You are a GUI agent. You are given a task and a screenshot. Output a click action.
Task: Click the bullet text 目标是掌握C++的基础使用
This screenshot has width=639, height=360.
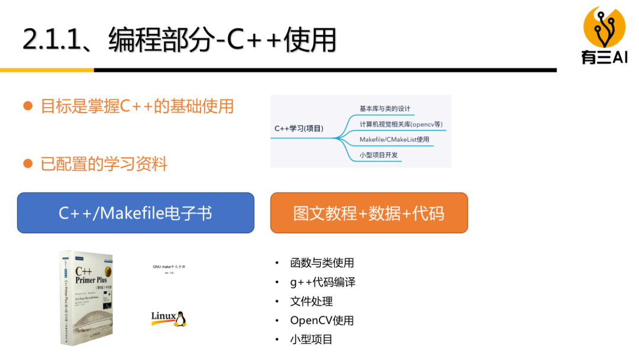(x=137, y=107)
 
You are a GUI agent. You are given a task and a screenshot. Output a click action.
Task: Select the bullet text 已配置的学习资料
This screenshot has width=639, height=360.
(x=104, y=164)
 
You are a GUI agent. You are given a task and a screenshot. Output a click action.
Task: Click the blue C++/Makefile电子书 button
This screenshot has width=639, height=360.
(x=135, y=213)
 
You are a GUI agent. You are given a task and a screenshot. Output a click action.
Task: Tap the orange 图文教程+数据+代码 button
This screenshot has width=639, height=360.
(x=369, y=213)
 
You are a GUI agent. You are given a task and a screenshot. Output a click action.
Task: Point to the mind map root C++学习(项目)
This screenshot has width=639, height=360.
(x=299, y=128)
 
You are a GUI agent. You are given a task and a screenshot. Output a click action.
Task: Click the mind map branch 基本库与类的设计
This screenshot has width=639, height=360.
(x=385, y=109)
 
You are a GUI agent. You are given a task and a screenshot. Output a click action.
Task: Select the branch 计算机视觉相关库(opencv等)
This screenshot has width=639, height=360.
(x=402, y=124)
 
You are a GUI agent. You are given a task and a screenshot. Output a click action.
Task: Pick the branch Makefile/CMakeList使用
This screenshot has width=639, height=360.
(x=394, y=140)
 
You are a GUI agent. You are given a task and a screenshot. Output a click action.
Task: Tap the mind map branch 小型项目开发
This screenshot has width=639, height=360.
(x=379, y=155)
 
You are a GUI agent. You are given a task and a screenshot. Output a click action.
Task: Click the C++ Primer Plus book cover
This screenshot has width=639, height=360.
(x=86, y=297)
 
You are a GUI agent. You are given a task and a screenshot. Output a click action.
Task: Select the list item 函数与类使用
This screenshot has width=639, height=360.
(x=322, y=263)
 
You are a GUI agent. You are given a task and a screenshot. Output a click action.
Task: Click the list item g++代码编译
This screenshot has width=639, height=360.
(x=322, y=282)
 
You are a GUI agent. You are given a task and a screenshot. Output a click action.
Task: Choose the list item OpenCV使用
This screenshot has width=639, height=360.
(x=322, y=320)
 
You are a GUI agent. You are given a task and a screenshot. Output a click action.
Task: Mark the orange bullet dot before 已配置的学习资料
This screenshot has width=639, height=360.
(x=27, y=163)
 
